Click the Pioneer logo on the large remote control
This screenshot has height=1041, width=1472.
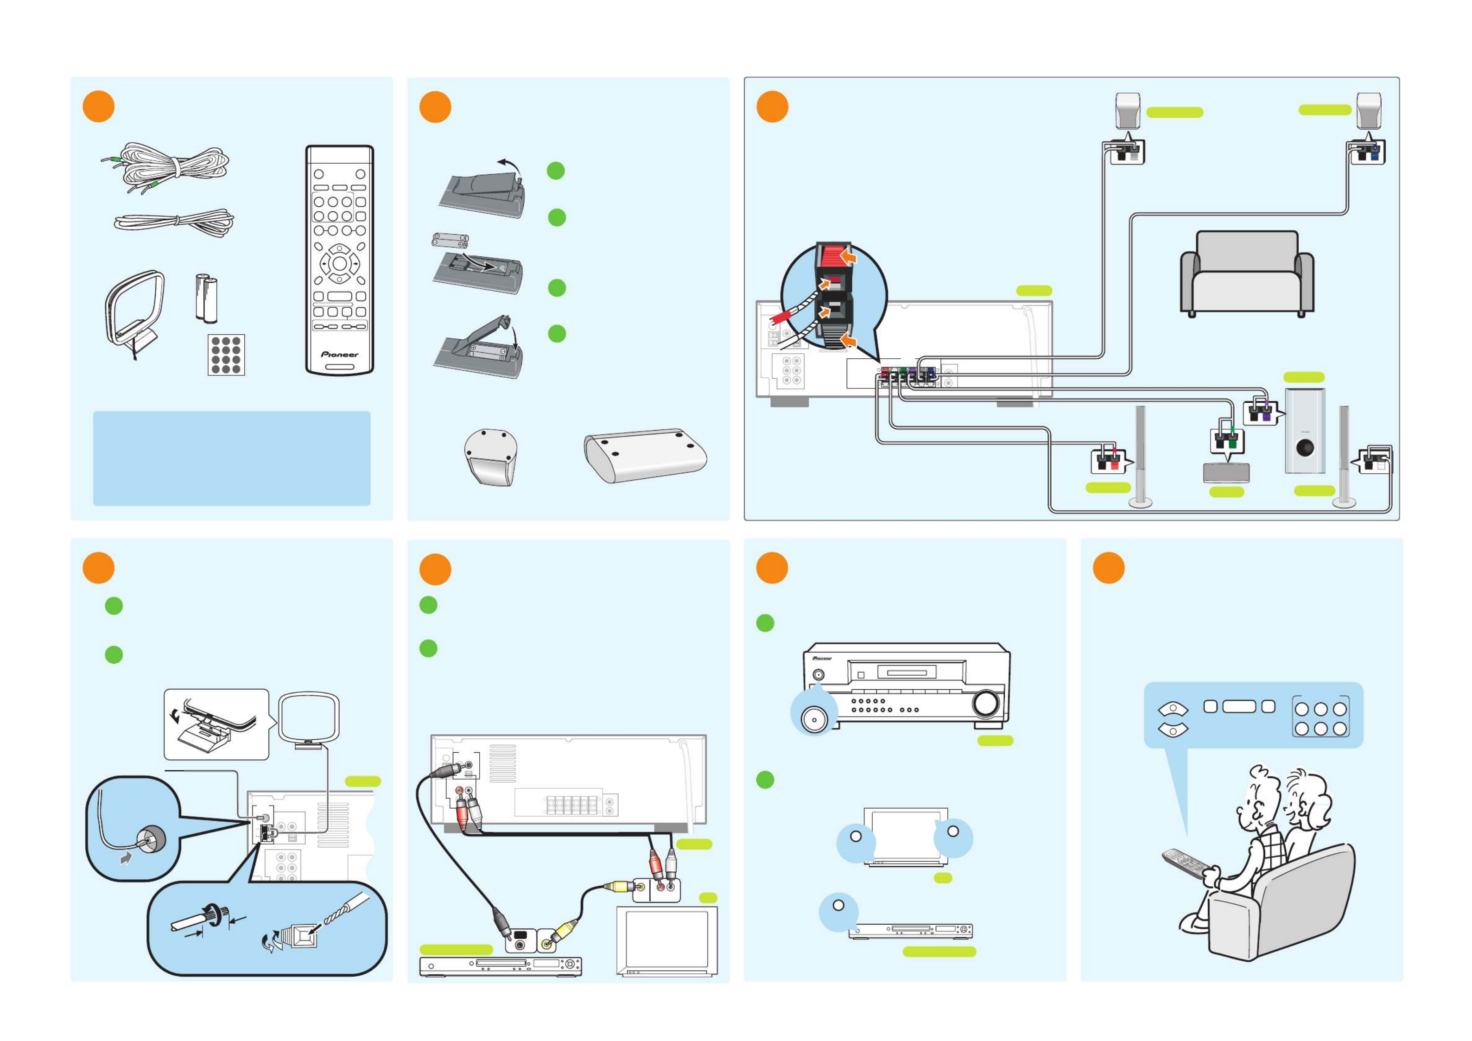click(x=339, y=354)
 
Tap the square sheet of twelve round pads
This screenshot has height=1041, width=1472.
click(x=226, y=355)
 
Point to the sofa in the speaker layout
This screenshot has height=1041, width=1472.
click(x=1247, y=273)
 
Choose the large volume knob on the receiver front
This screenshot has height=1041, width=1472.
click(x=985, y=703)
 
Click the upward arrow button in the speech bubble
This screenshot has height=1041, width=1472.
click(x=1173, y=709)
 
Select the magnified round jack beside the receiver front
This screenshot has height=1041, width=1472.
click(x=813, y=720)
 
